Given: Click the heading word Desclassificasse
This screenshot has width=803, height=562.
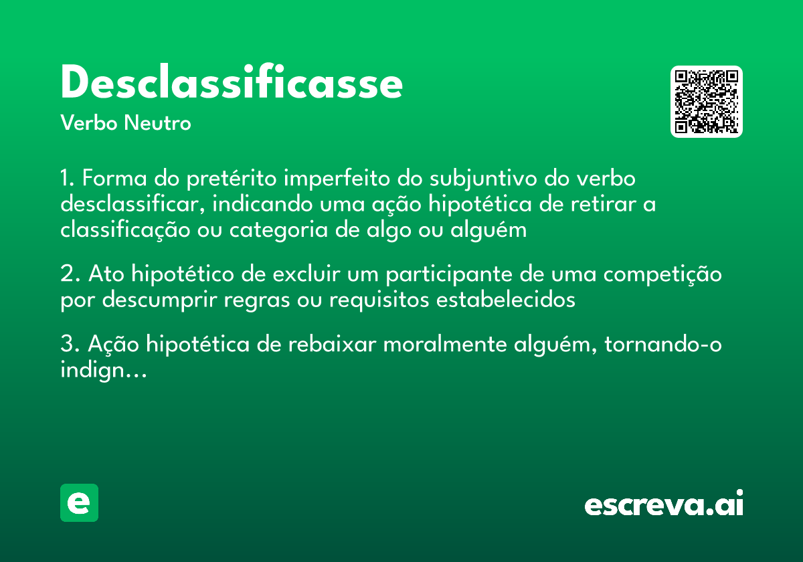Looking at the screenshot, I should click(x=232, y=84).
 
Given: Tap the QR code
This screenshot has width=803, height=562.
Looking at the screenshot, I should click(x=706, y=102).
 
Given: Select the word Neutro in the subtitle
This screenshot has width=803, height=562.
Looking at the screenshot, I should click(x=158, y=124).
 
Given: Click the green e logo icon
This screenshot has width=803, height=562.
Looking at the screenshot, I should click(x=79, y=502).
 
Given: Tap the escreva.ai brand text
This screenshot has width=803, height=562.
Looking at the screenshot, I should click(x=664, y=504).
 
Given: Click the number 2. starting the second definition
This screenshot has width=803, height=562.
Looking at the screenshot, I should click(x=70, y=275).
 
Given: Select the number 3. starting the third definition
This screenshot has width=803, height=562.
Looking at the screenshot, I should click(x=70, y=345).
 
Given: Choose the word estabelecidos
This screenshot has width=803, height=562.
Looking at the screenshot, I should click(x=505, y=300).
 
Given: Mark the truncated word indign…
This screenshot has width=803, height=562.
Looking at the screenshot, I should click(x=103, y=371).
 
